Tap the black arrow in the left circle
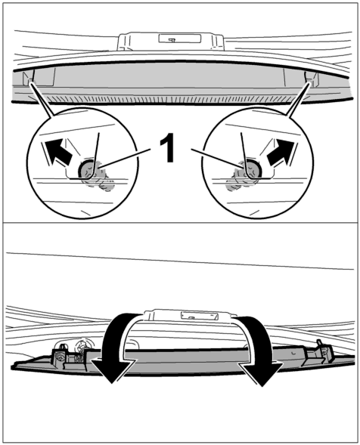coord(58,152)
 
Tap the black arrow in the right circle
coord(280,152)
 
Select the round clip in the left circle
coord(86,169)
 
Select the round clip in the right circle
coord(253,169)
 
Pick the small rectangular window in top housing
coord(179,39)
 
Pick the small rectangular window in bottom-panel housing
coord(200,315)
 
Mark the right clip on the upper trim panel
coord(311,79)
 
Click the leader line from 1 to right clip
coord(216,158)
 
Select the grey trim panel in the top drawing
coord(176,78)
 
